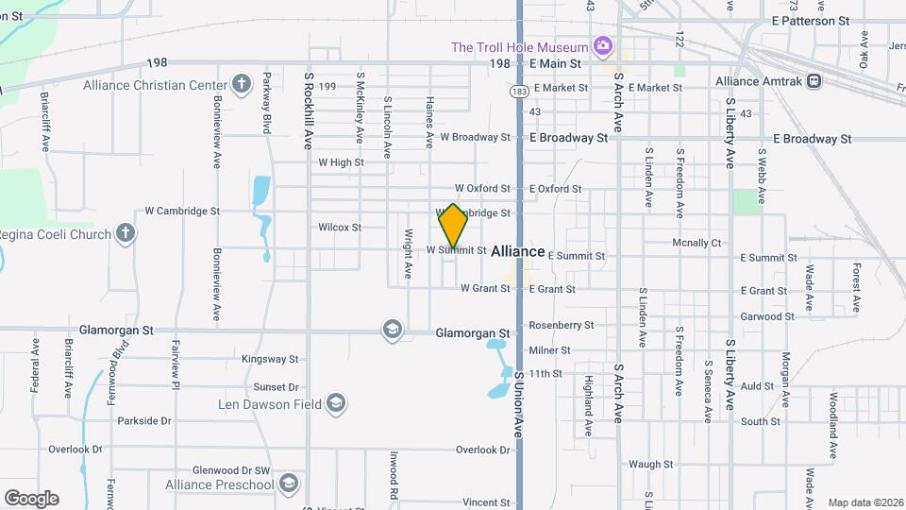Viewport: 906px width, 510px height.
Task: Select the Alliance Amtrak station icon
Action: [814, 81]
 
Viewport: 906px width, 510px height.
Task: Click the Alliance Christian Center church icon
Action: [241, 84]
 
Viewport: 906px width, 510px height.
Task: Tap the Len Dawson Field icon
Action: [334, 405]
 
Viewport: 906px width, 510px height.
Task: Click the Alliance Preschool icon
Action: [289, 484]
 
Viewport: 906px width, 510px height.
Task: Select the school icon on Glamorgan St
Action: [392, 330]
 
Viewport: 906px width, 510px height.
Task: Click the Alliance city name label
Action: [518, 251]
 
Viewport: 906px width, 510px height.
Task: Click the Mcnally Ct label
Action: [696, 243]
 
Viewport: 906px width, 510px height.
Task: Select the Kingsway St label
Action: [270, 359]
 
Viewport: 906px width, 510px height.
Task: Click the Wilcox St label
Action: [340, 228]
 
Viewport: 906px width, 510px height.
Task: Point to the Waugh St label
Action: [650, 464]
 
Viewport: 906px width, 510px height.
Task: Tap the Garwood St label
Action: [767, 316]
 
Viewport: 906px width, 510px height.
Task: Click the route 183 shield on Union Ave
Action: [518, 92]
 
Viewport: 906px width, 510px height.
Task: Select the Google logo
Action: [31, 499]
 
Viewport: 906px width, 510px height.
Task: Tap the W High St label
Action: [341, 162]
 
